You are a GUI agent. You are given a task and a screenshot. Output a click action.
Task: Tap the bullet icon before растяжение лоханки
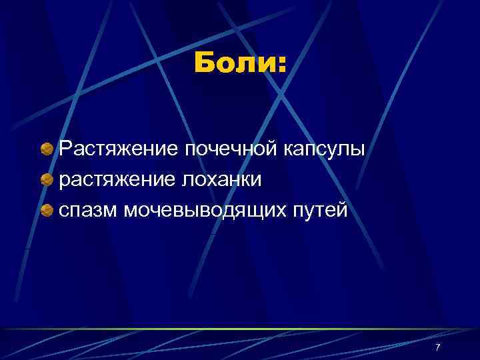coord(47,180)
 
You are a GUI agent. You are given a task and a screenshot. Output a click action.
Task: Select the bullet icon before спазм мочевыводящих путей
coord(47,211)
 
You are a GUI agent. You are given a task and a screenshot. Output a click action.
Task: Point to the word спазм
coord(88,211)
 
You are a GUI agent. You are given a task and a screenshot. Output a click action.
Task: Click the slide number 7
coord(437,347)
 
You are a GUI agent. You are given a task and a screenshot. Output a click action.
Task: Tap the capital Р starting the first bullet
coord(65,148)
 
